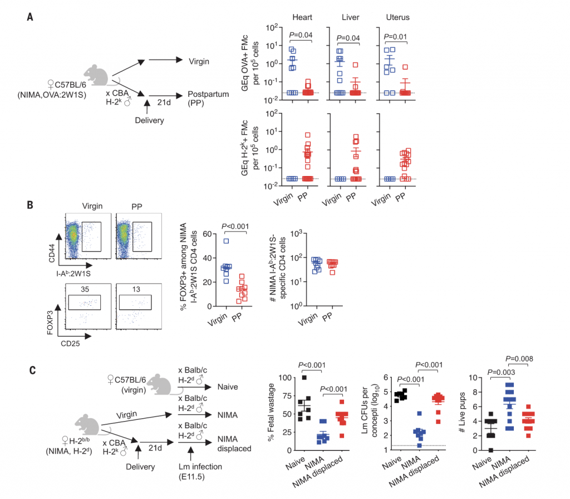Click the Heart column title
click(x=302, y=18)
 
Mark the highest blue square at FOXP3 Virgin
click(x=210, y=241)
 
